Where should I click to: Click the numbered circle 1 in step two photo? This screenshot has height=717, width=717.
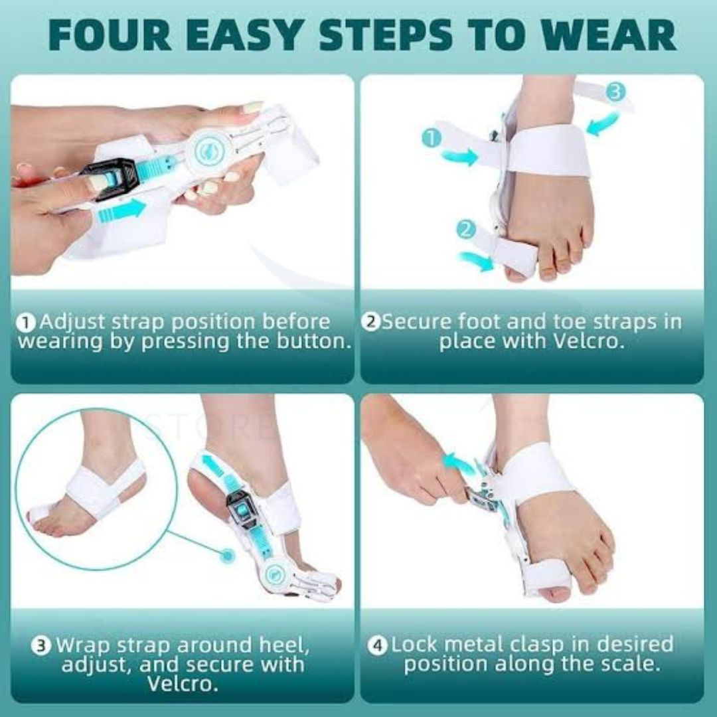[432, 138]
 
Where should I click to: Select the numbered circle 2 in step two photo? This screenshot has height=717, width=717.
[466, 230]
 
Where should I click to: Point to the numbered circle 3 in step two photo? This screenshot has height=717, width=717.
[615, 92]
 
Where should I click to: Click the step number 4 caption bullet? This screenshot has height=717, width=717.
[377, 645]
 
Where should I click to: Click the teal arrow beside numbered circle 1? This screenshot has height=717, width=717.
[459, 157]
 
